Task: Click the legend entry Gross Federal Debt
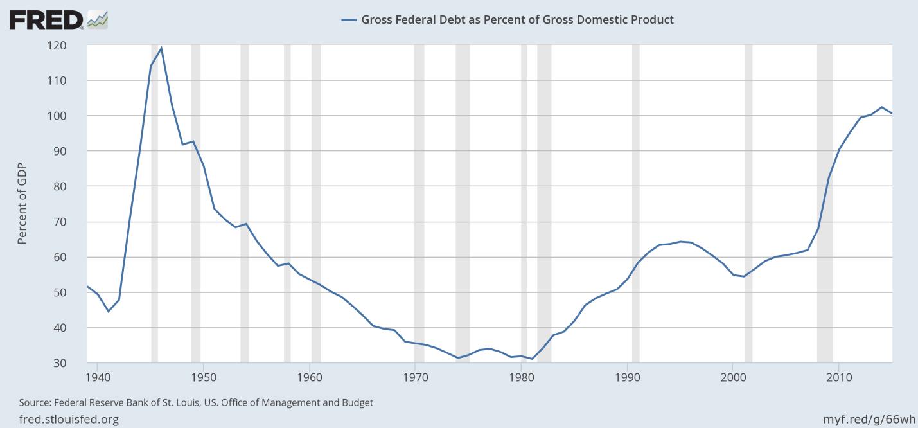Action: point(508,19)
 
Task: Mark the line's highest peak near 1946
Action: point(161,48)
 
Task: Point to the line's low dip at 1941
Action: point(108,312)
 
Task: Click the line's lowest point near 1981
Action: point(532,359)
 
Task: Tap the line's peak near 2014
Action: point(882,107)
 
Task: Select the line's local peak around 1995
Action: point(680,242)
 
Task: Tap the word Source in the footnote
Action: point(34,403)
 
